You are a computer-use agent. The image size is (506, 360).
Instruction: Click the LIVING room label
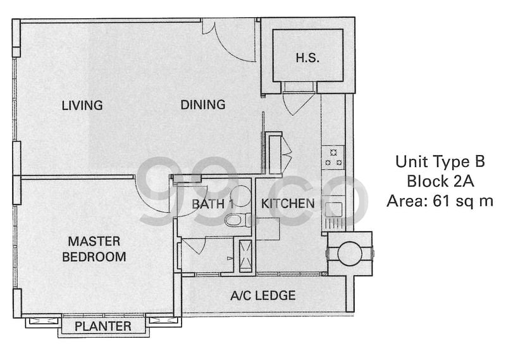coord(82,105)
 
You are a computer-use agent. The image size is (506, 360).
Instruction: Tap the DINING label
coord(203,104)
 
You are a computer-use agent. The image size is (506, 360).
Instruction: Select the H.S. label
coord(307,58)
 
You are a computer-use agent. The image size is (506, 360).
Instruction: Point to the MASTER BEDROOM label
coord(94,249)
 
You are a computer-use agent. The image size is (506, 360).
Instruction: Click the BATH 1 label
coord(213,204)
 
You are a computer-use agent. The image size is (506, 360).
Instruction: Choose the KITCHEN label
coord(288,203)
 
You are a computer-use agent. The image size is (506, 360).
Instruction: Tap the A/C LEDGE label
coord(263,295)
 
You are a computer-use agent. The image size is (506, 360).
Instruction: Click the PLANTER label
coord(103,326)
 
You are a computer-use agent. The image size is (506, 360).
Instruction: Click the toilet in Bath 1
coord(237,220)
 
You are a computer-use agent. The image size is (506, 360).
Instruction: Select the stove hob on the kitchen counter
coord(333,158)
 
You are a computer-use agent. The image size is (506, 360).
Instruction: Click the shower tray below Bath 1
coord(245,256)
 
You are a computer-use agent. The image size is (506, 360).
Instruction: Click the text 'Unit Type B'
coord(440,161)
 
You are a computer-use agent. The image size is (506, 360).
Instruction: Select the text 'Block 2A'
coord(440,181)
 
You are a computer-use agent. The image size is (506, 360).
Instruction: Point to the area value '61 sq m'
coord(463,201)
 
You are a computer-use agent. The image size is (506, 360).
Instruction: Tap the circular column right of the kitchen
coord(350,254)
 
